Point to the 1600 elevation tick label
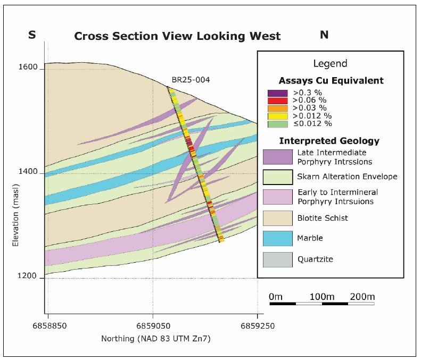point(27,68)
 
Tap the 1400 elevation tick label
point(27,172)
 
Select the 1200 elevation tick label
point(27,277)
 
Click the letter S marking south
point(32,36)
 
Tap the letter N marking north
point(324,36)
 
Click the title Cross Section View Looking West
point(177,37)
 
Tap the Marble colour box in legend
point(277,238)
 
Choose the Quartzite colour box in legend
point(277,259)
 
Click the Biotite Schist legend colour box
point(277,218)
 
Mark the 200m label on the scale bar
point(362,296)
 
